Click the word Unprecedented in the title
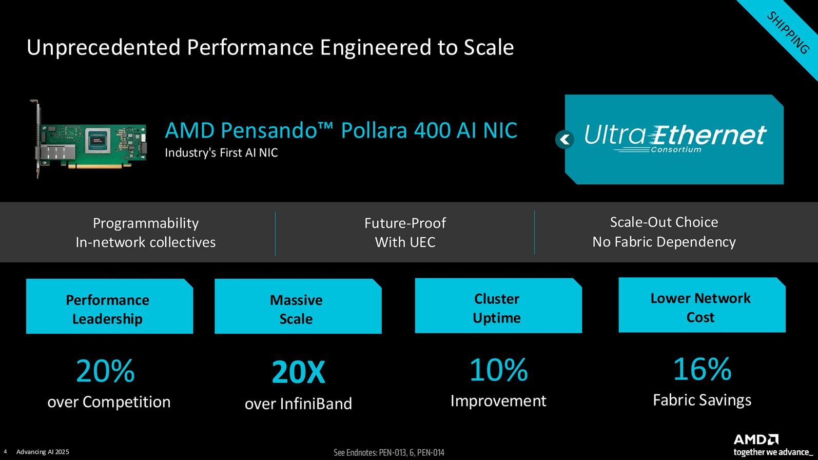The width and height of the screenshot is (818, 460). (x=104, y=48)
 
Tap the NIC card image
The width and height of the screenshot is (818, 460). (x=88, y=139)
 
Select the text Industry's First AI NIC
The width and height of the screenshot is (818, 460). (x=221, y=152)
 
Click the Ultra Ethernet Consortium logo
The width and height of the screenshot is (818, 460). (x=675, y=139)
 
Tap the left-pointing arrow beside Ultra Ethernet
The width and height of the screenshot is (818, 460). (x=564, y=139)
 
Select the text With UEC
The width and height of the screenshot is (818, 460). (x=405, y=242)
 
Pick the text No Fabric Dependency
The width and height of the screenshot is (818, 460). (x=664, y=242)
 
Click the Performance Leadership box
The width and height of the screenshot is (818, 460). (x=109, y=306)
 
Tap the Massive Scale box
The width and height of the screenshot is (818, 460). (x=298, y=306)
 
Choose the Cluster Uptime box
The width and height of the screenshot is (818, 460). (x=498, y=305)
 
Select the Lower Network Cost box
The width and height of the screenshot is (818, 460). (x=702, y=305)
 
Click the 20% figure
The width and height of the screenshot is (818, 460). (x=106, y=371)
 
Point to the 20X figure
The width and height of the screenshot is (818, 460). (x=298, y=372)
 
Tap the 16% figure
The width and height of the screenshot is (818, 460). (x=702, y=369)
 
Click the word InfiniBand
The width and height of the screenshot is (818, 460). (x=316, y=404)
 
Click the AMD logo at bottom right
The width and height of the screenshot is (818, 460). (x=756, y=439)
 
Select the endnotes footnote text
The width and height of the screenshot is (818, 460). (x=389, y=453)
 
